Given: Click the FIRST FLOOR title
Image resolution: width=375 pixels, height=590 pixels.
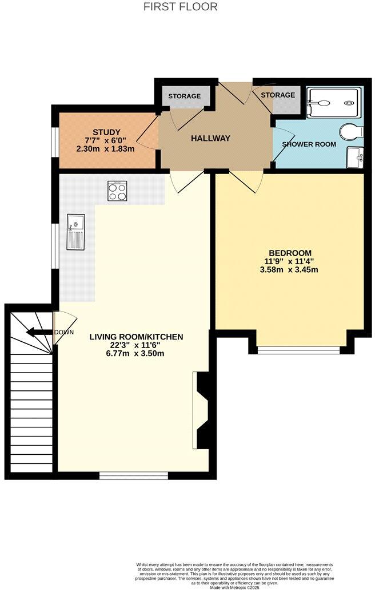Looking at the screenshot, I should tap(180, 7).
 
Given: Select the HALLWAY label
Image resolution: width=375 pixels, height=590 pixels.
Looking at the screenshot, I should tap(210, 138).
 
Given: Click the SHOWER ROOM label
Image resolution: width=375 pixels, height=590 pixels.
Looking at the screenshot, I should tap(309, 144).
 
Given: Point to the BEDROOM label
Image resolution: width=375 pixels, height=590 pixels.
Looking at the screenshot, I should tap(290, 253).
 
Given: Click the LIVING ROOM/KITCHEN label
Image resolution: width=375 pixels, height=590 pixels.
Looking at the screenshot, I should tap(136, 337).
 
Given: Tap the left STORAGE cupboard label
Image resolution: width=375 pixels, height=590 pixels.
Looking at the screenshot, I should tap(184, 96).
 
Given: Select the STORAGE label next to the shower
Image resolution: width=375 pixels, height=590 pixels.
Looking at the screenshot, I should tap(278, 95).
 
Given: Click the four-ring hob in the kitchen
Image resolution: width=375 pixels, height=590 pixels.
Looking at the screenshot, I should tap(118, 191).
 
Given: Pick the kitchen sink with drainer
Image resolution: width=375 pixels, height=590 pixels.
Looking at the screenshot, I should tap(75, 232).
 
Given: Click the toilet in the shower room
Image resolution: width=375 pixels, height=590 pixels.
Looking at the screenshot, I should tap(350, 132).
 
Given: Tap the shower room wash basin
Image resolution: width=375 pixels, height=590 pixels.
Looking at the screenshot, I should tap(354, 157).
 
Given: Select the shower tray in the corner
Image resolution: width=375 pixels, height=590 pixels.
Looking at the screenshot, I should tap(333, 103).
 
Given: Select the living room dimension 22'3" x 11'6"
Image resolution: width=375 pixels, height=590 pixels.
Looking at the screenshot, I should tap(136, 345).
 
